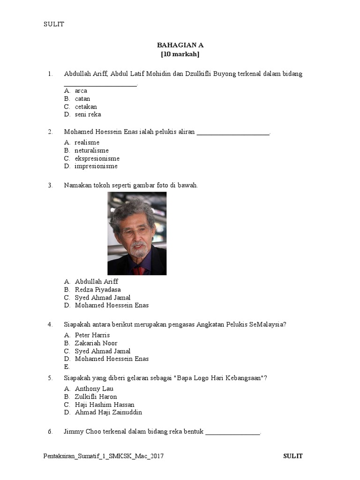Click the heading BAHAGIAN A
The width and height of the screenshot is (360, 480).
(x=180, y=45)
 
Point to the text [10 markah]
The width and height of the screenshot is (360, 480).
(x=180, y=54)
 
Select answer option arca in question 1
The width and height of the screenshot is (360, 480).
(x=81, y=90)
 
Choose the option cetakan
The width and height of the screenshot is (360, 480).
(x=86, y=106)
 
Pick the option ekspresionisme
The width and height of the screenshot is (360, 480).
(x=97, y=158)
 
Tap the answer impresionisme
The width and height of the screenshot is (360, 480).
(x=96, y=166)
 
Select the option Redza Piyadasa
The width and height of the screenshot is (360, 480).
(x=97, y=290)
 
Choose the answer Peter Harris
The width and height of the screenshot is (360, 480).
(x=92, y=335)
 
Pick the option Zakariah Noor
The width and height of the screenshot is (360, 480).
(x=96, y=343)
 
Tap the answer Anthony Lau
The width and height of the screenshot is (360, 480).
(x=94, y=389)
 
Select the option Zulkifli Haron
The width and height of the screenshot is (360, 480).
(x=96, y=397)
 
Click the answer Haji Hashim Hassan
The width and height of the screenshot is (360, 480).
(x=105, y=405)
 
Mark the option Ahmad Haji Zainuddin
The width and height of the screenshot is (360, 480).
(x=108, y=412)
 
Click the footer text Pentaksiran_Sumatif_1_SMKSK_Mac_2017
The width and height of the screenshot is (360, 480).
(x=104, y=456)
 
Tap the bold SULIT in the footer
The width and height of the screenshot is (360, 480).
(x=293, y=456)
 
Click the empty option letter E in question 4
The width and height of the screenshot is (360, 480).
(x=67, y=367)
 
